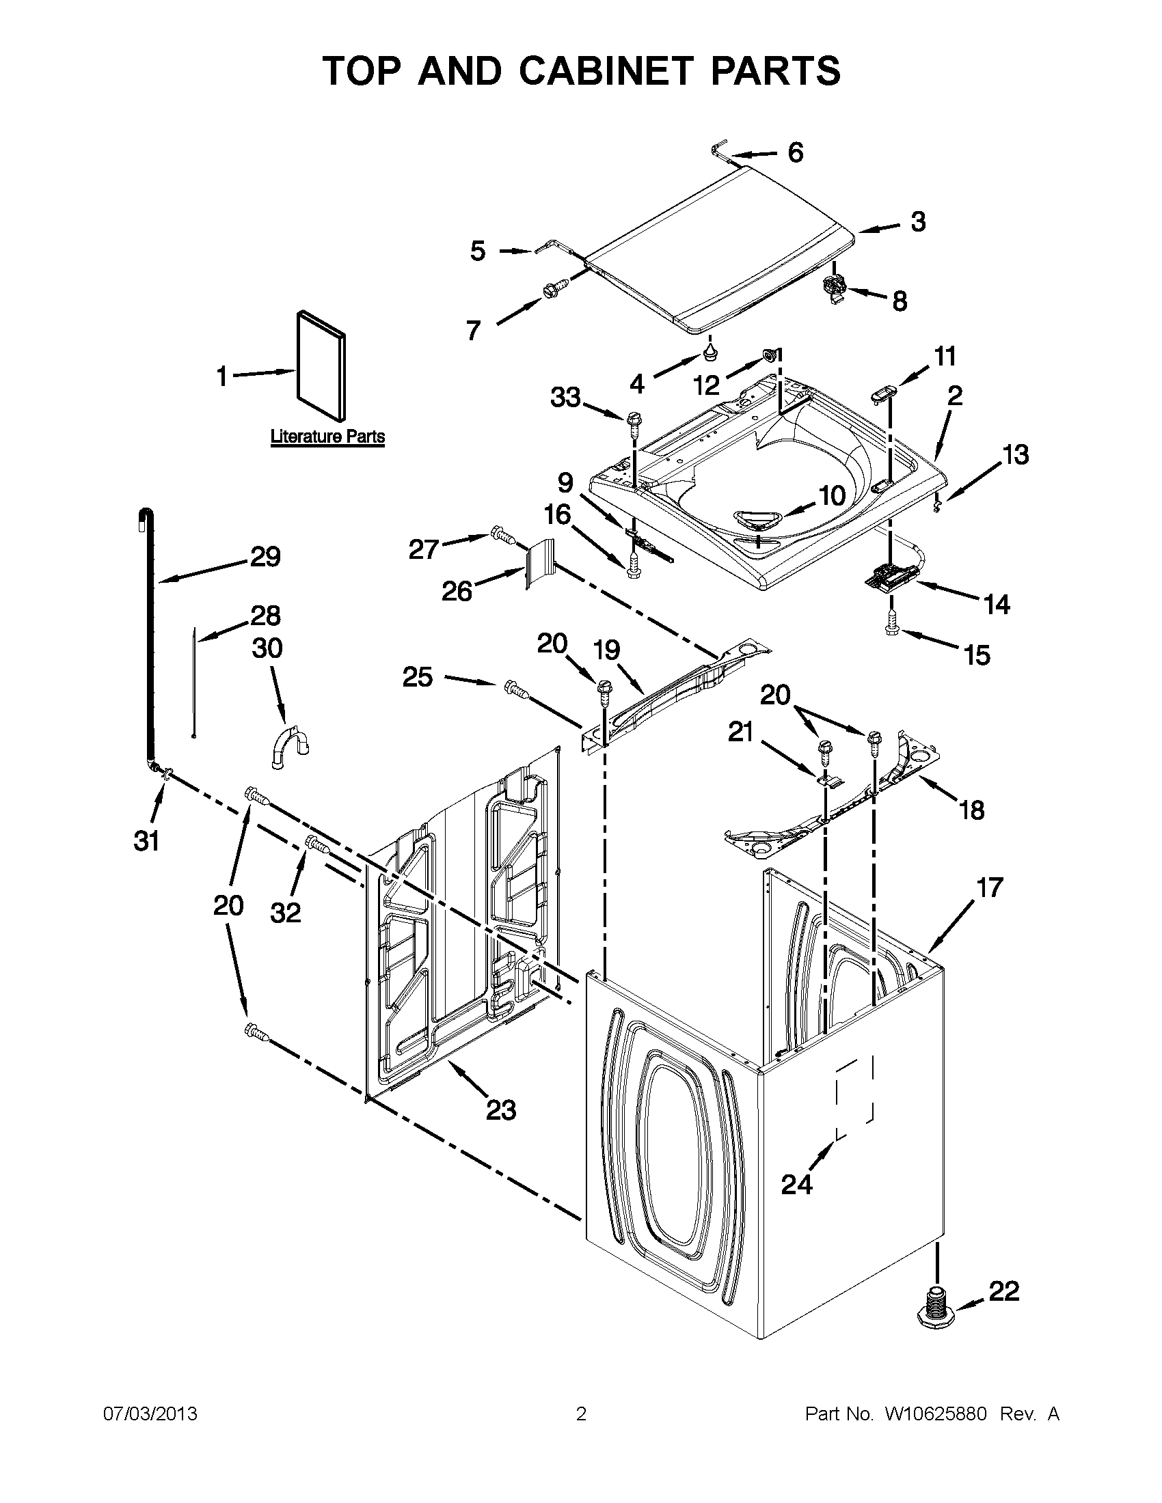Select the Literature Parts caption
pos(327,437)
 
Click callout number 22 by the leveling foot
pos(1003,1292)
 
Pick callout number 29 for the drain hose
pos(265,556)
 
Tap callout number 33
pos(565,397)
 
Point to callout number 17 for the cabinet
pos(990,887)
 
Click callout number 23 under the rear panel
pos(500,1110)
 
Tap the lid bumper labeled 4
pos(710,355)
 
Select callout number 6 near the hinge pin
pos(795,152)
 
